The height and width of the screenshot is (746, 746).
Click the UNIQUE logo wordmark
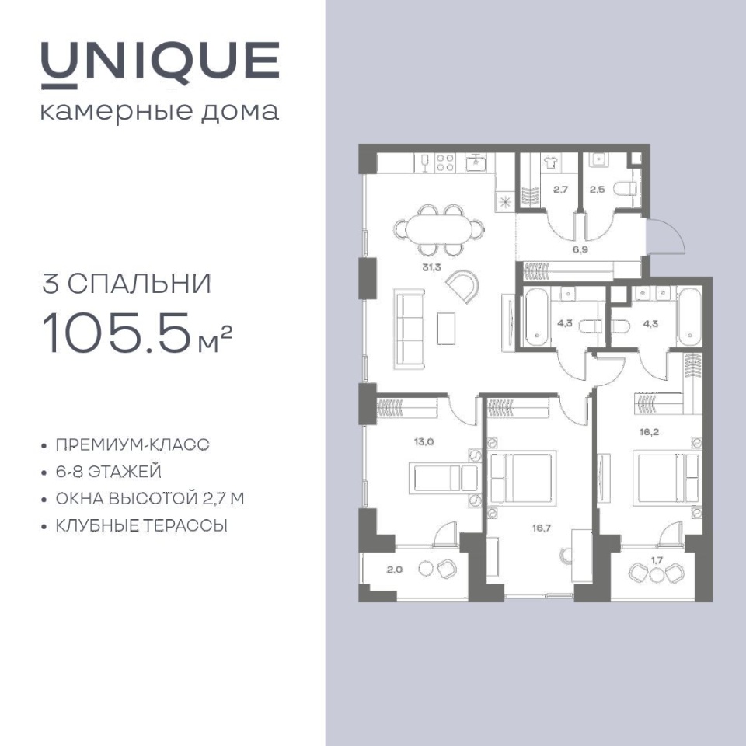[160, 65]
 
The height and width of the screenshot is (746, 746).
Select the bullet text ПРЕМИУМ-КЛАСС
[133, 444]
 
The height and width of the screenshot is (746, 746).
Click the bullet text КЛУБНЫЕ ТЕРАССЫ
[141, 526]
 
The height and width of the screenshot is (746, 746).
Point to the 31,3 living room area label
[431, 267]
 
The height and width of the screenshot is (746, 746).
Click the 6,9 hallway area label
[580, 249]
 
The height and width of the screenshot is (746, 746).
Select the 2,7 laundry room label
[560, 189]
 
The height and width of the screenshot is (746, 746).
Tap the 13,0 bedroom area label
[424, 441]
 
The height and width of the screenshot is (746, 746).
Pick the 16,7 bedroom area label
[542, 528]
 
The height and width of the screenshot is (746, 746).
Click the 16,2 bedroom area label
[649, 432]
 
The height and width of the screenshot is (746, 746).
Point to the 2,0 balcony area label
[395, 570]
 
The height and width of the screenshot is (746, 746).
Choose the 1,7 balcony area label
[657, 560]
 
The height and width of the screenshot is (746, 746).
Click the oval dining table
[439, 229]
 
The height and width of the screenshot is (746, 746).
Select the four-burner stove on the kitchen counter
[446, 162]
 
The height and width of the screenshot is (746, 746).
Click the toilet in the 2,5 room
[625, 189]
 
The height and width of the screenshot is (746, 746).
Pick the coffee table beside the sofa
[446, 328]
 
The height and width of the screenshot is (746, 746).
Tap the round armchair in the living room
[462, 286]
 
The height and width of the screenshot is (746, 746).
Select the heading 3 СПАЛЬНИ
[127, 284]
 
